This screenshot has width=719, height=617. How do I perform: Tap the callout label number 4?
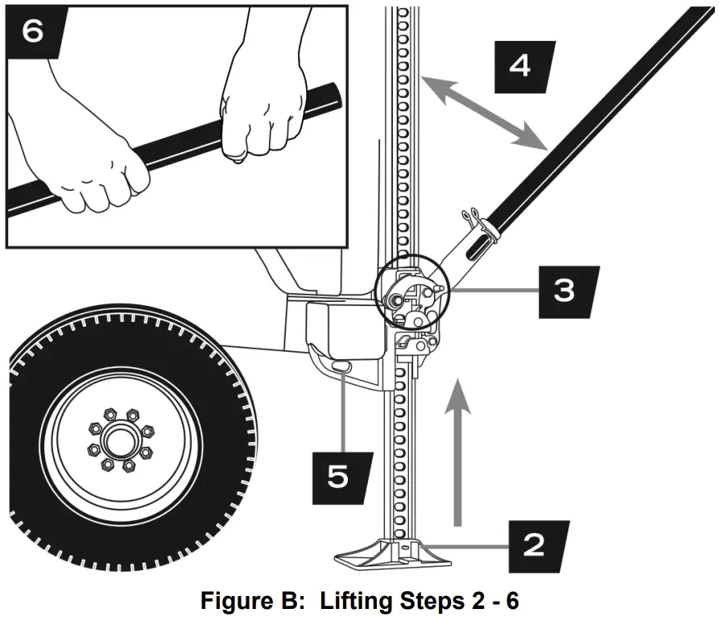pos(521,65)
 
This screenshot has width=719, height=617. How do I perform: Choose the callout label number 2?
pos(535,545)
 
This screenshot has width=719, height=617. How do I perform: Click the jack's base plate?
pos(386,555)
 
